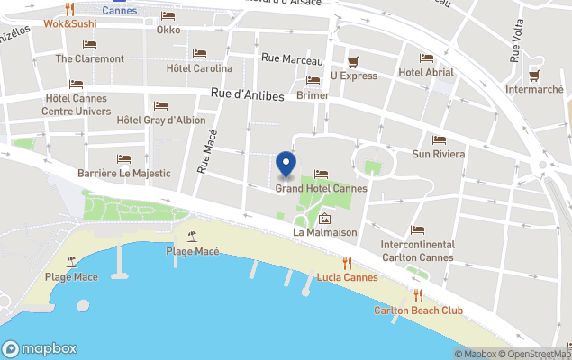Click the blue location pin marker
pyautogui.click(x=286, y=164)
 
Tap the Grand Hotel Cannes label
pyautogui.click(x=321, y=189)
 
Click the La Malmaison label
pyautogui.click(x=325, y=232)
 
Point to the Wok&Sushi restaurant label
pyautogui.click(x=68, y=22)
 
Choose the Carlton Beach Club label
pyautogui.click(x=418, y=310)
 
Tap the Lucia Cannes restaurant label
pyautogui.click(x=347, y=277)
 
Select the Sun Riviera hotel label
pyautogui.click(x=439, y=155)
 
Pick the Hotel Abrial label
pyautogui.click(x=426, y=72)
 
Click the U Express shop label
pyautogui.click(x=353, y=76)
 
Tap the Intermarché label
pyautogui.click(x=534, y=89)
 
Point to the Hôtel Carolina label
pyautogui.click(x=199, y=67)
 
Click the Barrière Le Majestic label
pyautogui.click(x=123, y=173)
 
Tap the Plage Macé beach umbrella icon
pyautogui.click(x=192, y=237)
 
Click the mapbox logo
pyautogui.click(x=40, y=348)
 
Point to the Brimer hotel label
pyautogui.click(x=313, y=94)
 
